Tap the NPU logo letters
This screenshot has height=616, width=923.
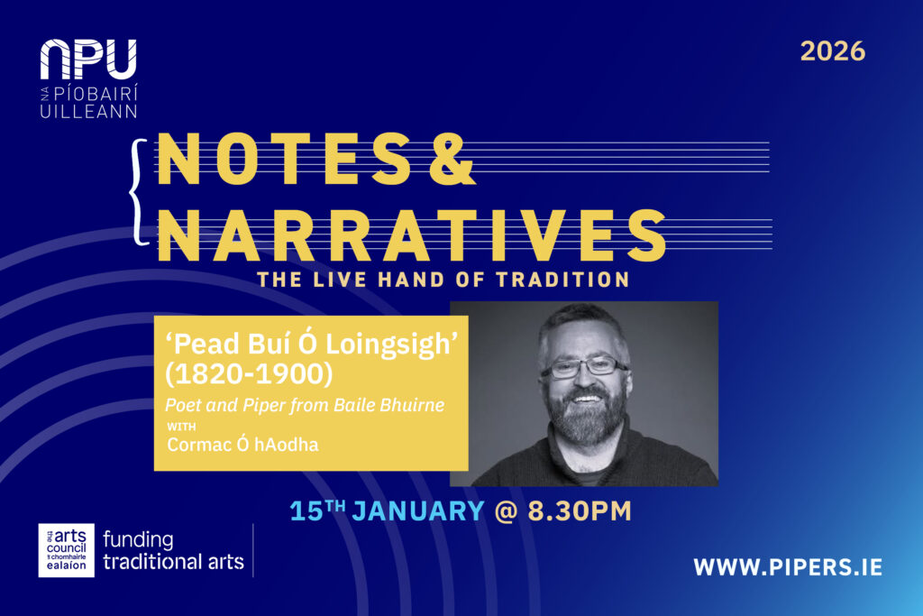click(x=88, y=61)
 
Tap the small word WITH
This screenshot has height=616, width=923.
click(x=179, y=426)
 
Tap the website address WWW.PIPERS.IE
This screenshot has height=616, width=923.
click(x=788, y=567)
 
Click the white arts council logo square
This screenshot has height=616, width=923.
click(x=66, y=549)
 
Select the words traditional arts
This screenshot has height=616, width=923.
click(x=174, y=562)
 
